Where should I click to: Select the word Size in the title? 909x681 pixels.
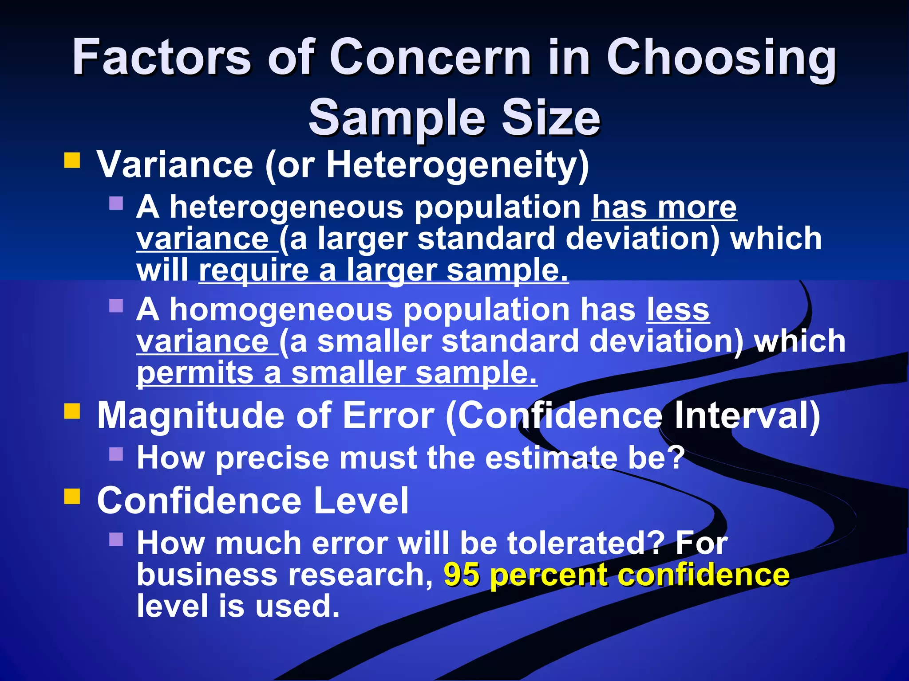click(550, 118)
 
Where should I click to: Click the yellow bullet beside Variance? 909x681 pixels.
click(72, 160)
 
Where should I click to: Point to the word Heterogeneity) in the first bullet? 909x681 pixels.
click(458, 165)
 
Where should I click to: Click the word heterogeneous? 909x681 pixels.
click(287, 207)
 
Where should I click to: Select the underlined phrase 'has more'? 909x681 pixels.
click(664, 207)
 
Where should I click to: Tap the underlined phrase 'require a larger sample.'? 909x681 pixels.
click(383, 270)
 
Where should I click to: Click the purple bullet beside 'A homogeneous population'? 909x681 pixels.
click(116, 305)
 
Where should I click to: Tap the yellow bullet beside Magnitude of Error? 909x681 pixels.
click(72, 411)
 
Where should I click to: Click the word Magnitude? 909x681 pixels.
click(190, 416)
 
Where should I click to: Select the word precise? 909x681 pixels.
click(273, 458)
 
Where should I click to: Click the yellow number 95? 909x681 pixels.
click(462, 575)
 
